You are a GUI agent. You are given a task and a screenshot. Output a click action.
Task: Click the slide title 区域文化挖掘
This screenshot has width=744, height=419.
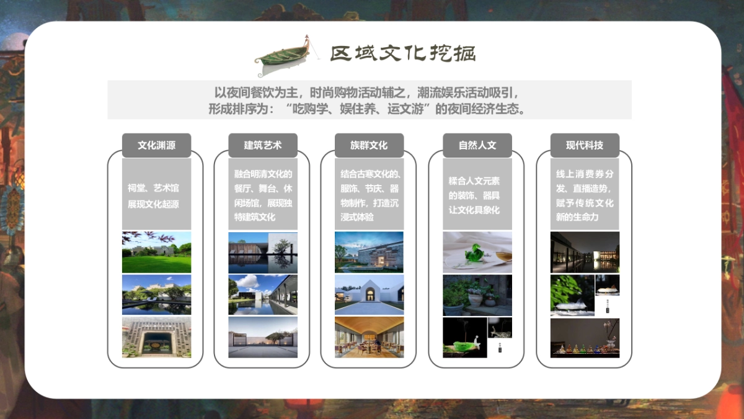[402, 53]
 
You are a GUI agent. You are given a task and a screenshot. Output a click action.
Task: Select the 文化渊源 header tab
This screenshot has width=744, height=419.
[156, 145]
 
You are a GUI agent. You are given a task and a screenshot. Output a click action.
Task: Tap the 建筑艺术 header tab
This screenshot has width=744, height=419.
[263, 145]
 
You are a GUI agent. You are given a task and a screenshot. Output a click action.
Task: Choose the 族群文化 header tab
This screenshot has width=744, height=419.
[369, 145]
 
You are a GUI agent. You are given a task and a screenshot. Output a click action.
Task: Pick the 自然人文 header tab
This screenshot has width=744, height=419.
[477, 145]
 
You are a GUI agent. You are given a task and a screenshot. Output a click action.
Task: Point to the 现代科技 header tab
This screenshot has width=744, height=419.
[585, 145]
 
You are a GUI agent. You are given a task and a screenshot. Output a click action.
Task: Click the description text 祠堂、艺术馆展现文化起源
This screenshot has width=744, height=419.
[156, 196]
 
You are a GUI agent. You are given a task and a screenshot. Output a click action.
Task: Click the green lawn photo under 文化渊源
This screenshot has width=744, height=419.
[156, 252]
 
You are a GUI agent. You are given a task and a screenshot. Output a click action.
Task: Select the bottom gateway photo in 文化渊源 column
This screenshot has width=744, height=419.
[156, 337]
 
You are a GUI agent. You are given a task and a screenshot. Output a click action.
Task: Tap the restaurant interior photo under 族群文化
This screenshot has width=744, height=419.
[369, 337]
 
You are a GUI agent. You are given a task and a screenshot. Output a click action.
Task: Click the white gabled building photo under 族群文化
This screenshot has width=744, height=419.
[369, 294]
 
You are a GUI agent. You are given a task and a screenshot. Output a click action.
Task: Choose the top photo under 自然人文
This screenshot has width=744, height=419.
[477, 252]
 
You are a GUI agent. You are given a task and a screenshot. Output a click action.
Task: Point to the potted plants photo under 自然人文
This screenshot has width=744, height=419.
[477, 294]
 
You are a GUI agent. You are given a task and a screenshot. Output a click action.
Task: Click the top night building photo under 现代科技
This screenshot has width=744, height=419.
[585, 252]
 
